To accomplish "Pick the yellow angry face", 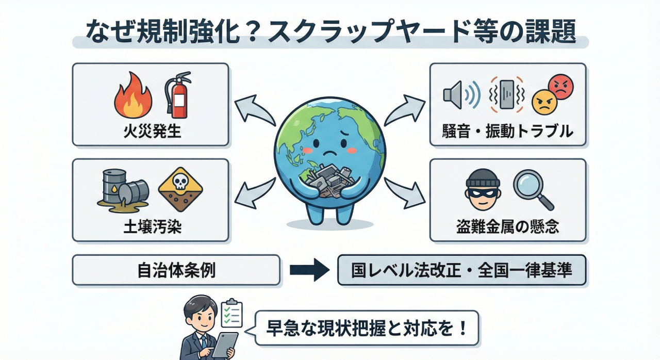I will pos(543,102).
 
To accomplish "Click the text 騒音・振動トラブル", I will pos(507,131).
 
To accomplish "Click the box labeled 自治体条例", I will pos(176,270).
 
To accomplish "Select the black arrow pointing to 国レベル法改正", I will pos(309,270).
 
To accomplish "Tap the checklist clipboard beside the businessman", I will pos(232,312).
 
